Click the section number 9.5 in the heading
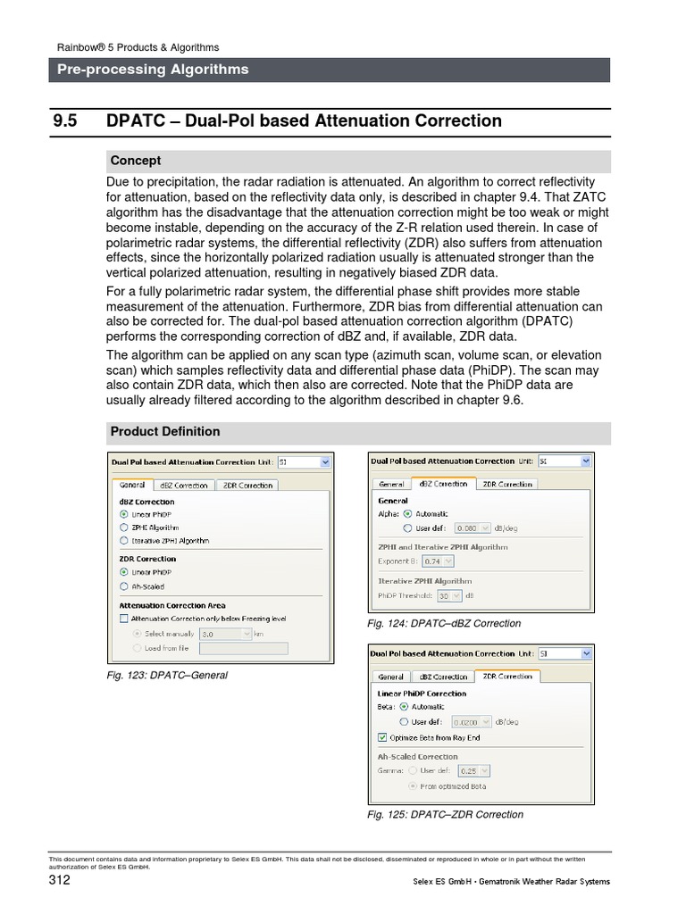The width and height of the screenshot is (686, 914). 69,120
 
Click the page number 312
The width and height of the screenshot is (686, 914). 59,881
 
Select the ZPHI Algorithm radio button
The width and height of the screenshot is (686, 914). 123,528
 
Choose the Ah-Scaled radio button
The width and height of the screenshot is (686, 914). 123,586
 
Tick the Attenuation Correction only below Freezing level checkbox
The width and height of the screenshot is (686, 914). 123,618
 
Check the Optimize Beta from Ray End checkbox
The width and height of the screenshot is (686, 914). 383,738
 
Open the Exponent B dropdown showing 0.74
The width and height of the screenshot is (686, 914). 436,561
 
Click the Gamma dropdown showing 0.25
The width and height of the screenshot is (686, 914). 473,770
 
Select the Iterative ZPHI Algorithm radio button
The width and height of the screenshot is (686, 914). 123,541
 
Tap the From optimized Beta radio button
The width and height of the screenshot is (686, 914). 411,786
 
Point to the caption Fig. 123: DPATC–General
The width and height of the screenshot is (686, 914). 166,676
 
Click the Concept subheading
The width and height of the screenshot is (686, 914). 136,161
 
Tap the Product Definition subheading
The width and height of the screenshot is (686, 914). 164,432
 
